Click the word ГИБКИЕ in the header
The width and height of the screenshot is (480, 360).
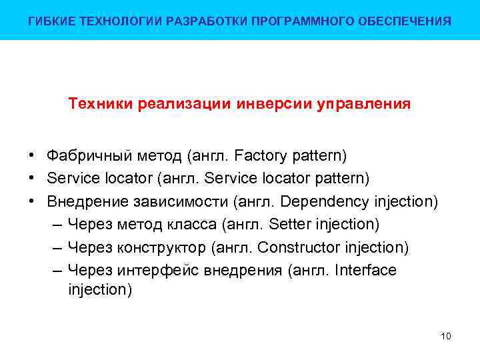[x=49, y=21]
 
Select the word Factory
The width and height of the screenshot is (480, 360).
[x=259, y=156]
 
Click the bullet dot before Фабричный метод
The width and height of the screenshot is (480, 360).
[x=32, y=156]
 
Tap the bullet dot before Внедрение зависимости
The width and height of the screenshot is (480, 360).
[x=32, y=202]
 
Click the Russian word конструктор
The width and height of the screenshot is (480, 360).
[x=162, y=248]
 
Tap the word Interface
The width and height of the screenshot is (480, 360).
[x=366, y=270]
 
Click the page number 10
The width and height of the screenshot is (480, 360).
[x=446, y=336]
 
